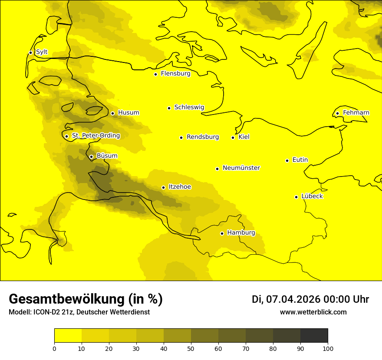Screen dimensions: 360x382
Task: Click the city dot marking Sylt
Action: (x=30, y=52)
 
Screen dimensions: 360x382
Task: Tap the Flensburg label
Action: (x=175, y=74)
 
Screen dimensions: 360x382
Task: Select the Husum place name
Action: (x=128, y=113)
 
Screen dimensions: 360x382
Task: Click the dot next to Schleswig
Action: (x=169, y=108)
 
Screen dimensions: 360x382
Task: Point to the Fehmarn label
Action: (x=356, y=113)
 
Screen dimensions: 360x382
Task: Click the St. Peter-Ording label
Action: (x=95, y=136)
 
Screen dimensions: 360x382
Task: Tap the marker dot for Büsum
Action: (x=91, y=157)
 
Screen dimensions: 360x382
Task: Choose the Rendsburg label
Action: (x=203, y=137)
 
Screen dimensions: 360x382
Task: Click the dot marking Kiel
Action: (x=233, y=137)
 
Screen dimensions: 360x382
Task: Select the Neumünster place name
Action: (x=241, y=168)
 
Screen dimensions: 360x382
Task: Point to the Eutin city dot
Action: (x=287, y=160)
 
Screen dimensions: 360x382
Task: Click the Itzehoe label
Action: (x=180, y=187)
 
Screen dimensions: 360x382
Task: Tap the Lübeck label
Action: (x=312, y=196)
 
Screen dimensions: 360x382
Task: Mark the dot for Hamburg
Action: (x=222, y=233)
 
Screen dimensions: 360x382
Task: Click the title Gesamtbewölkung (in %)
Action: (x=86, y=299)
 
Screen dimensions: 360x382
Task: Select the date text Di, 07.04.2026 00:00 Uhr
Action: (x=310, y=299)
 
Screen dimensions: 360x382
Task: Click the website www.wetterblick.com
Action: (x=313, y=312)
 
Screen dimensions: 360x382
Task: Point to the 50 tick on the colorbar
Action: (x=191, y=348)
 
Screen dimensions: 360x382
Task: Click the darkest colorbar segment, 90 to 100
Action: (x=314, y=335)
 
